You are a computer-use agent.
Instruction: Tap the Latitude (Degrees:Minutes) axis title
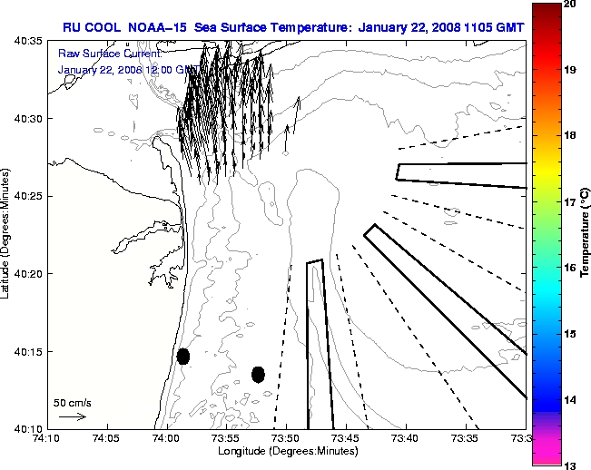click(x=7, y=235)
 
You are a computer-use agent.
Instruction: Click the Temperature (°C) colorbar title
click(x=584, y=233)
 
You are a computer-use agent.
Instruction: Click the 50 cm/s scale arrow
click(x=72, y=417)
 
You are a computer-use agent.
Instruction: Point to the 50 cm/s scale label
click(x=70, y=401)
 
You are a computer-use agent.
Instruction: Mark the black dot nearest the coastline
click(x=183, y=356)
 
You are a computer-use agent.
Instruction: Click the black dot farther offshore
click(x=258, y=374)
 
